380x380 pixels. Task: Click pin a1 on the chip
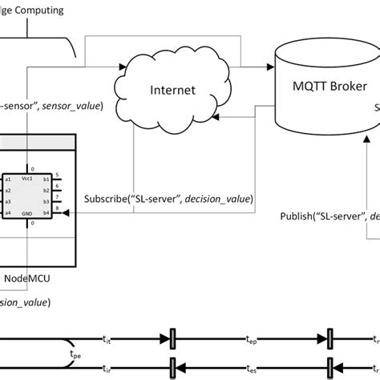coord(9,180)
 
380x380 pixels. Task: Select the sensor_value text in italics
coord(71,105)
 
